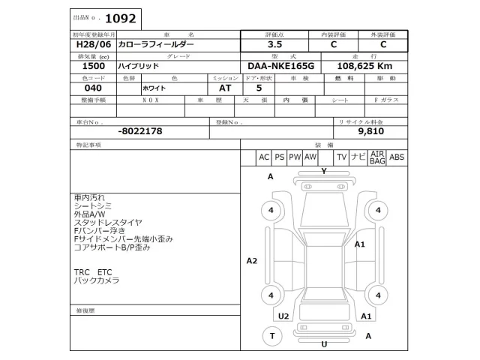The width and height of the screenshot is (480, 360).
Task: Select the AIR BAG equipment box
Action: click(377, 157)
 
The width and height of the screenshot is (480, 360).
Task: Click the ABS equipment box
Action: click(397, 157)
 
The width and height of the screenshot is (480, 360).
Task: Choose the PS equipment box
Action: click(279, 157)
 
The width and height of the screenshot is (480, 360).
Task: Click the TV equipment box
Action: click(340, 157)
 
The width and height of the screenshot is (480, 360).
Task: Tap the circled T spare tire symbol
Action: click(271, 336)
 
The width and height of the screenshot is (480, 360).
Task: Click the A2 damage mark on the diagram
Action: click(252, 260)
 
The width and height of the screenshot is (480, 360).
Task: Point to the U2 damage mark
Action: click(283, 316)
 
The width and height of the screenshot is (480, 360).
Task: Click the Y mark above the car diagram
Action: click(323, 172)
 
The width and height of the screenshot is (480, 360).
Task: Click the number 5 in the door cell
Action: click(259, 88)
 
